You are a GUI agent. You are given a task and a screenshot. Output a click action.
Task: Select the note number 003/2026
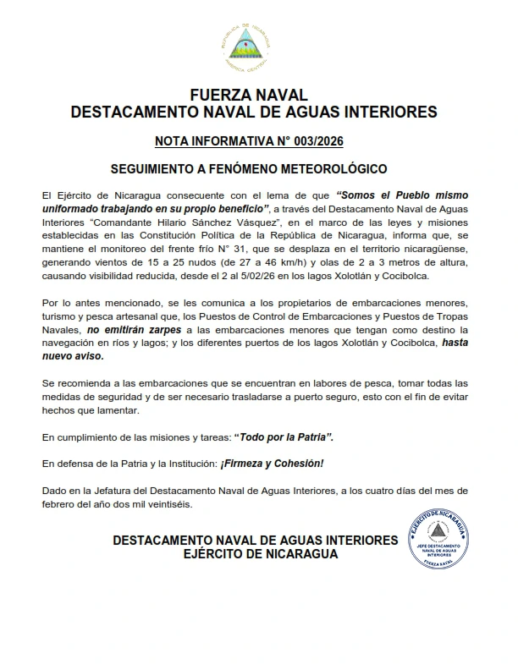pos(325,140)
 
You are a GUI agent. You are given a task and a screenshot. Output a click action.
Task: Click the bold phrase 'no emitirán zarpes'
pos(125,330)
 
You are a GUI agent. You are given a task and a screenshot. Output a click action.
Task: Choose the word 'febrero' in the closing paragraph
pos(58,504)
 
